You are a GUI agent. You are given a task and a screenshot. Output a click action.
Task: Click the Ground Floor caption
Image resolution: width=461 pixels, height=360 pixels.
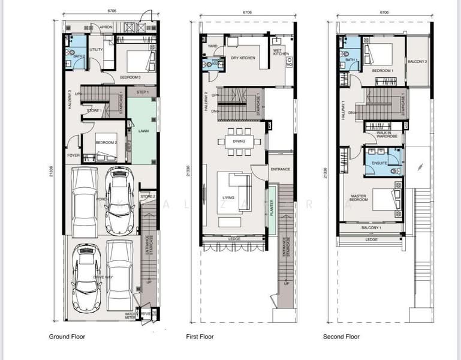coord(67,337)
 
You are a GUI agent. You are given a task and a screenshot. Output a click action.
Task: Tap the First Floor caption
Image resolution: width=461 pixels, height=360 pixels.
coord(200,337)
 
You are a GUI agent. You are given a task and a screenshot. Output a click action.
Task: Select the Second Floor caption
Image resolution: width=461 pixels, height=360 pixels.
coord(341,337)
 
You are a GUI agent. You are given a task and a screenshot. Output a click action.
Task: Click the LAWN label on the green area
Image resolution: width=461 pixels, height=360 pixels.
coord(143,130)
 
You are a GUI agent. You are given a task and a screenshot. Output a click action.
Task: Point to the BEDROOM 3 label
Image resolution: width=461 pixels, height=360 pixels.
coord(130,77)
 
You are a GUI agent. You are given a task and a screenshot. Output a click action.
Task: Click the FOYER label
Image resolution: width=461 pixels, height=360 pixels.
coord(73,155)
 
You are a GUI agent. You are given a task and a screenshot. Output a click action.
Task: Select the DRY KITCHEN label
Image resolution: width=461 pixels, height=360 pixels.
coord(243,58)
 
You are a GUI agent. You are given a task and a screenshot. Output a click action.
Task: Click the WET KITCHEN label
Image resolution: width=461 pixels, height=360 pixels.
coord(281,52)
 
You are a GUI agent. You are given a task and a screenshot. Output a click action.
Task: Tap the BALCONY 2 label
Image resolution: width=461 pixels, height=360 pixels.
coord(417,62)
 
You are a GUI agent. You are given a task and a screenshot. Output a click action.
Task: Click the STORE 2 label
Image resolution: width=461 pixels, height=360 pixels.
coord(148,196)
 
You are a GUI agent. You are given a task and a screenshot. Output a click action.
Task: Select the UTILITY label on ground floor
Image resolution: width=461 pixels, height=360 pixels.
coord(96,50)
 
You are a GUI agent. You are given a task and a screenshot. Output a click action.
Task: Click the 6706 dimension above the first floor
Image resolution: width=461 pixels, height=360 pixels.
coord(247,11)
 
